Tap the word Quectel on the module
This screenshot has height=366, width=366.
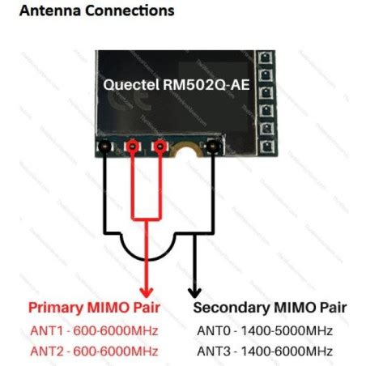(131, 83)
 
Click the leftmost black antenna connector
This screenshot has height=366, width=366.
(104, 147)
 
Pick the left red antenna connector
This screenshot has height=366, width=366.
(132, 147)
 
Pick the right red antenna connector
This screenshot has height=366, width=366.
(160, 147)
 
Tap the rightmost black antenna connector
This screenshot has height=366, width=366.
(214, 147)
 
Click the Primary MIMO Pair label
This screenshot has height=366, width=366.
(93, 309)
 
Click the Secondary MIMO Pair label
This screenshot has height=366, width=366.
(270, 309)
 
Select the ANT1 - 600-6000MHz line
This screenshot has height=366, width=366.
(93, 330)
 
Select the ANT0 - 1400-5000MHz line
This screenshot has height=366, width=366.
(264, 330)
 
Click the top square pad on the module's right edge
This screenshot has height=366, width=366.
(262, 58)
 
